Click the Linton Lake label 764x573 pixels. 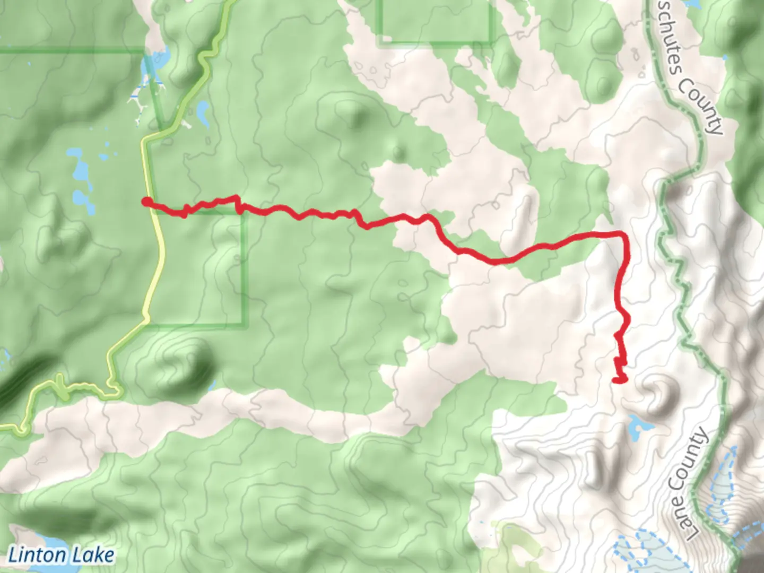pyautogui.click(x=61, y=555)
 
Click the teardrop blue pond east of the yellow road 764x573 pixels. pyautogui.click(x=202, y=111)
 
